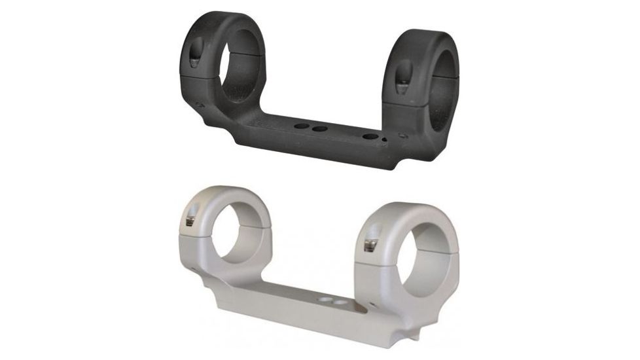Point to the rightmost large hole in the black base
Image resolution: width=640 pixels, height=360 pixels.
(371, 137)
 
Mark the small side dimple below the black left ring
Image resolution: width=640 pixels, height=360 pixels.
(199, 104)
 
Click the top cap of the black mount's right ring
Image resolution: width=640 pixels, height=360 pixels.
(425, 39)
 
